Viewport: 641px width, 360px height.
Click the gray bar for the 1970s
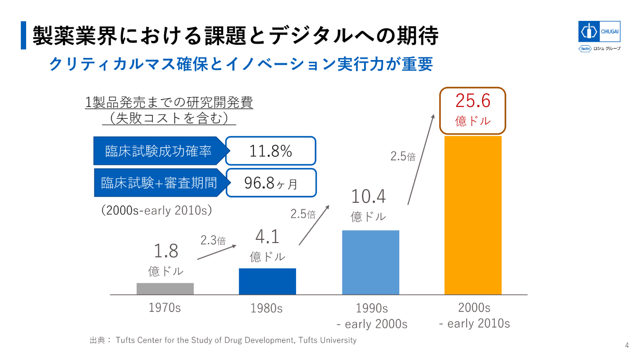165,289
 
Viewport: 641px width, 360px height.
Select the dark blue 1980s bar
267,281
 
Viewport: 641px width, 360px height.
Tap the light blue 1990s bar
371,262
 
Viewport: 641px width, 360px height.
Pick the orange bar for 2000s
473,215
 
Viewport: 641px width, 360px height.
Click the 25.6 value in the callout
473,101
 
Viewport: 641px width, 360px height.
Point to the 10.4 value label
368,197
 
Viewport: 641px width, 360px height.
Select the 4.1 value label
267,237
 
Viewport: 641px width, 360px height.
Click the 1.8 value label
166,251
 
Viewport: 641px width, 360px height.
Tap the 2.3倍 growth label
213,240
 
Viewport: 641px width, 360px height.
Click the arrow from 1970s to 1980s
216,252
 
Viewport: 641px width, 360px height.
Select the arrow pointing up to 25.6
421,159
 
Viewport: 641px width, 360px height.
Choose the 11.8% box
270,151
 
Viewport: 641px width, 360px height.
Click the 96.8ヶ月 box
271,183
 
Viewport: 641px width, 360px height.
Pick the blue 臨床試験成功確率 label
159,151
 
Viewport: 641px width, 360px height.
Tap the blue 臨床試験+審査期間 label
159,183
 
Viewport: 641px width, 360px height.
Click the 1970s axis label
165,308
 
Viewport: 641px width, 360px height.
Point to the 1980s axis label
267,309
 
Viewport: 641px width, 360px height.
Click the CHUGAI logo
599,32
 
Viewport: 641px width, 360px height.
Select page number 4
627,345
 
